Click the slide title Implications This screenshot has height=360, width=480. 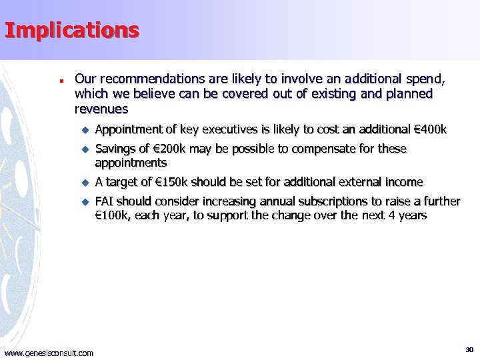pyautogui.click(x=72, y=30)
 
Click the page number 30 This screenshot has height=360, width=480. pyautogui.click(x=469, y=349)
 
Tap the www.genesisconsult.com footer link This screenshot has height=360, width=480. pyautogui.click(x=49, y=353)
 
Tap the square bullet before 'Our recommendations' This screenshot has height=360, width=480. pyautogui.click(x=61, y=79)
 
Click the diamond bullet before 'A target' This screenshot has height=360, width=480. pyautogui.click(x=85, y=183)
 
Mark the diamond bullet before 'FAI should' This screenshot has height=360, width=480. pyautogui.click(x=85, y=202)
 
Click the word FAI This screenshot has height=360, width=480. pyautogui.click(x=105, y=201)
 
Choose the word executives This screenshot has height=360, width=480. pyautogui.click(x=218, y=129)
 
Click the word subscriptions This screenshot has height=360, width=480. pyautogui.click(x=310, y=201)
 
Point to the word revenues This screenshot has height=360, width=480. pyautogui.click(x=101, y=109)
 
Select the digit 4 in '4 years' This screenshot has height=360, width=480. pyautogui.click(x=391, y=215)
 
